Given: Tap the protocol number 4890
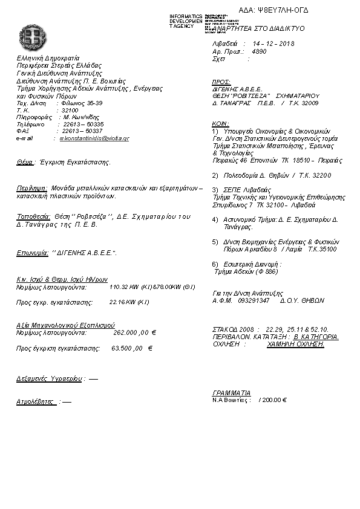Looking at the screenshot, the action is coord(258,52).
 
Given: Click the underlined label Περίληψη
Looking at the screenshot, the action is coord(31,189).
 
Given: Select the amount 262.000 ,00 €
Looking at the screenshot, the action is coord(135,332).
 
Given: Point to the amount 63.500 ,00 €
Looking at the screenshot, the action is coord(132,348).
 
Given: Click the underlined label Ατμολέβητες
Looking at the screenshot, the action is coord(36,401).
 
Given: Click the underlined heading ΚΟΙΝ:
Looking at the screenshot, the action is coord(221,123).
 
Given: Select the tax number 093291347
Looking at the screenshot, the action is coord(254,300).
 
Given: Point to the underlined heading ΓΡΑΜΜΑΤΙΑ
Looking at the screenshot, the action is coord(232,393).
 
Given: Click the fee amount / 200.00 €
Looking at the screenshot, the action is coord(272,400).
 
